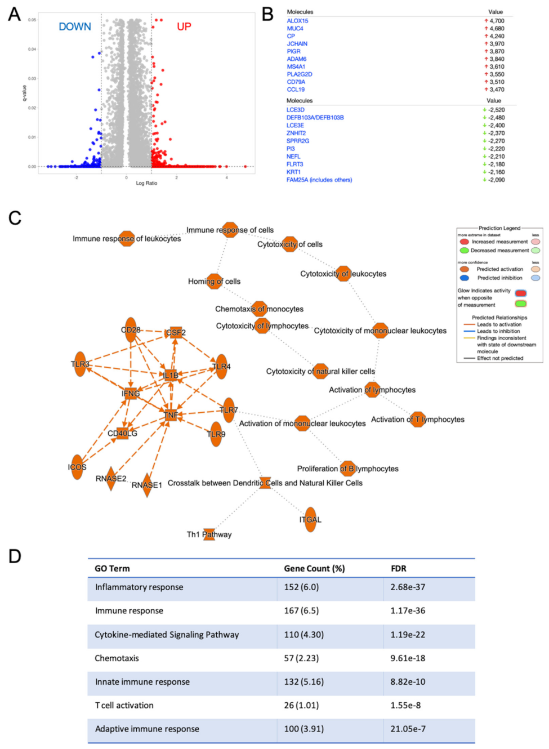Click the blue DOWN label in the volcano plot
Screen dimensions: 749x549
pos(75,26)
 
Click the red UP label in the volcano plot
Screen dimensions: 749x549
pos(184,26)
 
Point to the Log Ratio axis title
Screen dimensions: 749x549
pos(146,183)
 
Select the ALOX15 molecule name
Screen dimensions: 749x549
pos(297,21)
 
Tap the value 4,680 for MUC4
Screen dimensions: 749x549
pos(496,28)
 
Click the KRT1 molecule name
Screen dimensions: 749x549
pos(293,172)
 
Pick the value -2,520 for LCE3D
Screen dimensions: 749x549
pos(496,110)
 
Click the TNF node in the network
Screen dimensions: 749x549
pos(171,415)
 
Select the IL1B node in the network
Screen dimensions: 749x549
pos(171,375)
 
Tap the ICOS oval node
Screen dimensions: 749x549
pos(77,467)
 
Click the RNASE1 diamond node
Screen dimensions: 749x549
pos(147,485)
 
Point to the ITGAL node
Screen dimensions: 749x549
pos(310,519)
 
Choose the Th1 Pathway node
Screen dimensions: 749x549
pos(209,534)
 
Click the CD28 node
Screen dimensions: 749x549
pos(131,329)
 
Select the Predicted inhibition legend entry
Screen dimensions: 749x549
pos(499,278)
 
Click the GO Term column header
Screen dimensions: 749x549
pos(112,568)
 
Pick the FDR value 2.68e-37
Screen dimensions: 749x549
pos(408,587)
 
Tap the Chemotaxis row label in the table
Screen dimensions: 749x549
pos(117,658)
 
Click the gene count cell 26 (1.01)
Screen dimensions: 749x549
pos(301,705)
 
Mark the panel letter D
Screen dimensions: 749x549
pos(15,556)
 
